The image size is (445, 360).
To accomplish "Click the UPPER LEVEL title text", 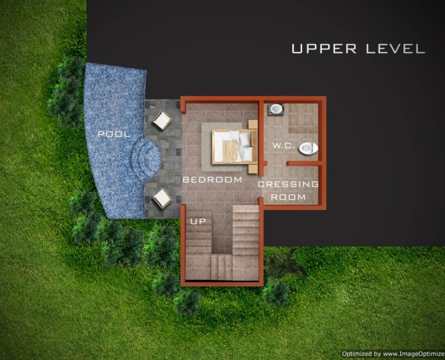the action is (x=358, y=48).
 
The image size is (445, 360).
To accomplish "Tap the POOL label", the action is (x=114, y=134).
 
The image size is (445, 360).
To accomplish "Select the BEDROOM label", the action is (x=212, y=179).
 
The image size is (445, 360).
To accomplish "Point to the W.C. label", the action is (x=282, y=146).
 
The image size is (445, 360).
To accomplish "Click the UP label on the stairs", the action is (x=198, y=221).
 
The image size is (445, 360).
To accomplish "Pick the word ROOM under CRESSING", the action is (x=289, y=197).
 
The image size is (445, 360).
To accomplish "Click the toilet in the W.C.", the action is (x=308, y=148).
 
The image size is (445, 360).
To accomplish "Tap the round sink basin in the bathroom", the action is (x=276, y=109).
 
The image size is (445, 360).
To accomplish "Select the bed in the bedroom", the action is (x=235, y=147).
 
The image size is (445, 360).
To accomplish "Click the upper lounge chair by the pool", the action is (x=162, y=119).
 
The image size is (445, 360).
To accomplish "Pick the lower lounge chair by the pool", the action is (x=162, y=198).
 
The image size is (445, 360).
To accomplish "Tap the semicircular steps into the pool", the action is (x=146, y=159).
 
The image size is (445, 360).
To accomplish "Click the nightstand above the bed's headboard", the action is (x=253, y=124).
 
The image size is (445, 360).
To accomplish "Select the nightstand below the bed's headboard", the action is (x=253, y=169).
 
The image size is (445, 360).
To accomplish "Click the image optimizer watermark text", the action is (x=393, y=354).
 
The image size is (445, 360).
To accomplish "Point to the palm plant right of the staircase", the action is (x=285, y=263).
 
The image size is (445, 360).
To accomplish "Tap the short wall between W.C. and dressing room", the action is (x=304, y=163).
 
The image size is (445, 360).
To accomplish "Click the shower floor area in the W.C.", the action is (x=303, y=118).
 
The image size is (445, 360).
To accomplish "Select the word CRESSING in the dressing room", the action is (x=289, y=184).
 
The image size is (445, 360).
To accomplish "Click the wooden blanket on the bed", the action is (x=230, y=151).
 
